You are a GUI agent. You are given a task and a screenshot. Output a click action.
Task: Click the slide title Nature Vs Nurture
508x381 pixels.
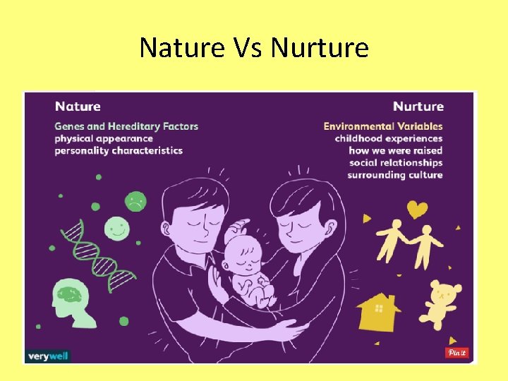[254, 48]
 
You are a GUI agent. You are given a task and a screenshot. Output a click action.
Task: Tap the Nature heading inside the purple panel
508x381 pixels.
[78, 107]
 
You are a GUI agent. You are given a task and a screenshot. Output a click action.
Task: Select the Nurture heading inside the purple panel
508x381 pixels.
[418, 107]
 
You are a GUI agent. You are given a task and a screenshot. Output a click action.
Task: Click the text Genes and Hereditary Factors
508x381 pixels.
[126, 126]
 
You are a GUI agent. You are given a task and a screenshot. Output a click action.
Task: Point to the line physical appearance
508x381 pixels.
[104, 138]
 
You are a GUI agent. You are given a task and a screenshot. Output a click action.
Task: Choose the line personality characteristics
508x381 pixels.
[119, 150]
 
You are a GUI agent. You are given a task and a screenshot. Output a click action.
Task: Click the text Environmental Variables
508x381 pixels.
[383, 126]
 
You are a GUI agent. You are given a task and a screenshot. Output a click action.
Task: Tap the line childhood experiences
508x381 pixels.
[388, 138]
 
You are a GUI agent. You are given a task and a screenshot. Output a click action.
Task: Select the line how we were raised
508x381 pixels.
[395, 150]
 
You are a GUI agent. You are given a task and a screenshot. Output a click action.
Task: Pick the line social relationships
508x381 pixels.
[396, 163]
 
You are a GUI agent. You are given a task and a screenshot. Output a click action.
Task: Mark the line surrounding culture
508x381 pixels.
[394, 175]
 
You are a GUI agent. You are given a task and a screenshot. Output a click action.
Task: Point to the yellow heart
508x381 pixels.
[418, 210]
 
